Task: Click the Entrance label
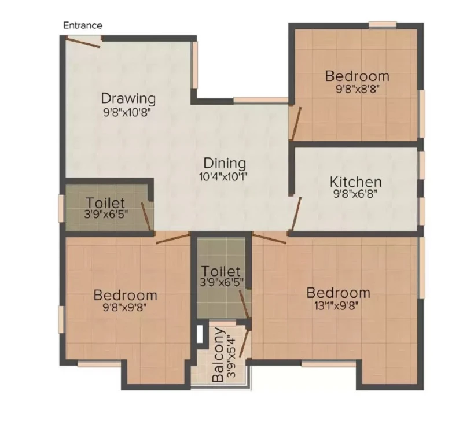[83, 25]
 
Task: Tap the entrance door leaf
[83, 42]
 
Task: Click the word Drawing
[128, 98]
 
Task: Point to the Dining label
[225, 164]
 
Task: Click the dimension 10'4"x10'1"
[223, 177]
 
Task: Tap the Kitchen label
[355, 182]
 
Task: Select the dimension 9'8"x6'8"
[355, 194]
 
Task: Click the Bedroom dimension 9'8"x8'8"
[357, 89]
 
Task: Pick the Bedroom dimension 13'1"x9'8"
[337, 306]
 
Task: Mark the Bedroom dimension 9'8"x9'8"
[124, 308]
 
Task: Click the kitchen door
[296, 213]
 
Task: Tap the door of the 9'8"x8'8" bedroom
[296, 124]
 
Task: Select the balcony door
[244, 344]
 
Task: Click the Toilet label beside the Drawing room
[105, 203]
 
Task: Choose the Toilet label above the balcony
[221, 271]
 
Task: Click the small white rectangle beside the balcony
[200, 334]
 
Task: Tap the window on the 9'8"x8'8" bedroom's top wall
[383, 25]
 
